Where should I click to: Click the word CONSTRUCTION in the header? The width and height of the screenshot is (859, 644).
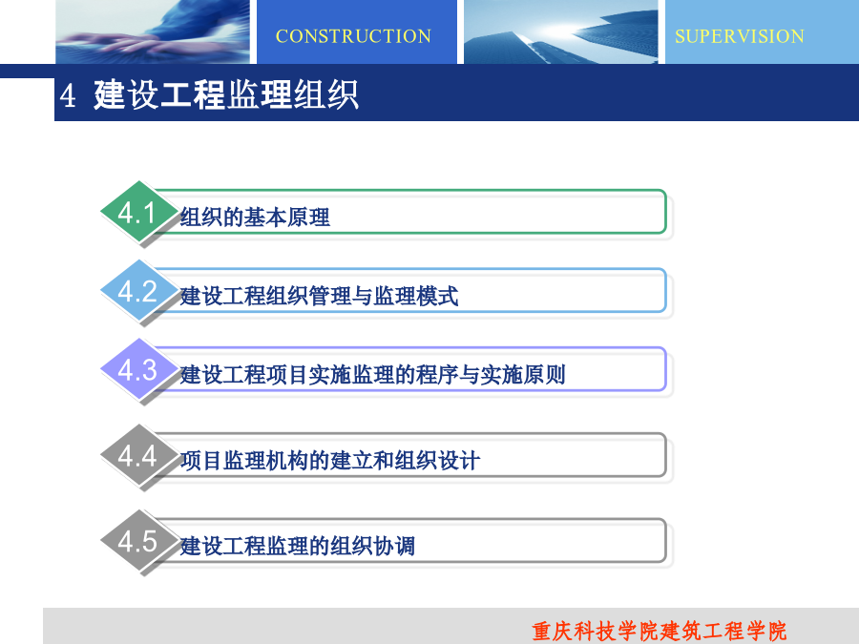(x=353, y=36)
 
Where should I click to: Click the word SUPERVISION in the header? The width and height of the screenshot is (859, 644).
(x=740, y=36)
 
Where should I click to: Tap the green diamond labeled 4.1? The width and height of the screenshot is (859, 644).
(x=139, y=212)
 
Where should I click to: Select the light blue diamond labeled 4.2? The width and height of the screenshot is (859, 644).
(x=139, y=290)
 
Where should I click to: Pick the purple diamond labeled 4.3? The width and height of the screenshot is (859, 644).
(x=139, y=369)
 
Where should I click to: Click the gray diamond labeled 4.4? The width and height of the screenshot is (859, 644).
(x=139, y=455)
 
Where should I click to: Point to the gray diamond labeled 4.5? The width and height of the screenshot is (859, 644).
(x=139, y=541)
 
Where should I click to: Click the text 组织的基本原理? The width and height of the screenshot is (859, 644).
(x=255, y=218)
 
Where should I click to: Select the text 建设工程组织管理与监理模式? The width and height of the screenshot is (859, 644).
(x=319, y=297)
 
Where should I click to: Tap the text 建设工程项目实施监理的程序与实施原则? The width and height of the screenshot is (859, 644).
(x=372, y=375)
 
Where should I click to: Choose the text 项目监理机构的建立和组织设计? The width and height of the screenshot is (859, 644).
(x=330, y=461)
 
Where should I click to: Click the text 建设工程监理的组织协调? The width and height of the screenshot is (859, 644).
(x=298, y=546)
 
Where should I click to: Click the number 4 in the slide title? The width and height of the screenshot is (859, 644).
(x=68, y=95)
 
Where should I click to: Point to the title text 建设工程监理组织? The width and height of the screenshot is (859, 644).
(x=225, y=94)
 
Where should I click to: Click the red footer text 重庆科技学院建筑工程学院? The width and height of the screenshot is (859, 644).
(x=659, y=632)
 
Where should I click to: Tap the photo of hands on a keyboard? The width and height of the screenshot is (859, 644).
(x=153, y=31)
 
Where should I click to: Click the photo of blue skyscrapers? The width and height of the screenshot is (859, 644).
(x=561, y=31)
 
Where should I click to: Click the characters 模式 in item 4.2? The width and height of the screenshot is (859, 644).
(x=437, y=297)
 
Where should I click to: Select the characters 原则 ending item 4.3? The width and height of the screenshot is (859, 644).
(x=544, y=375)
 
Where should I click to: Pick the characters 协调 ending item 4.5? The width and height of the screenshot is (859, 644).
(x=394, y=546)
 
